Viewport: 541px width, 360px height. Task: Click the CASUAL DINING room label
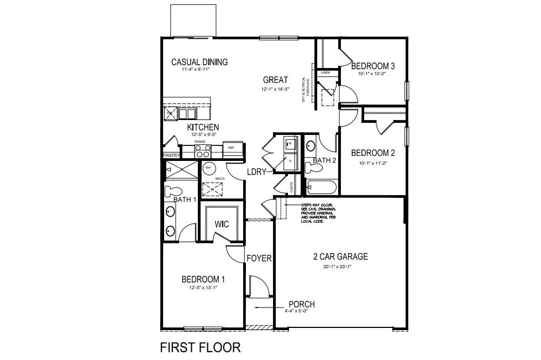(x=199, y=62)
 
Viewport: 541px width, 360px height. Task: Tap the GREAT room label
(x=275, y=79)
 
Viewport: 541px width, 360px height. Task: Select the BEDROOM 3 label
(x=372, y=66)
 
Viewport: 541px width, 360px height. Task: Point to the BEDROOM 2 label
(x=373, y=153)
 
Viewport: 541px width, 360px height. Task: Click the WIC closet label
(x=222, y=225)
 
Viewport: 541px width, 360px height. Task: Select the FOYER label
(x=259, y=258)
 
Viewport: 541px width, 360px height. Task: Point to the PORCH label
(x=302, y=305)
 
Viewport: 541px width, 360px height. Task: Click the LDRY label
(x=256, y=172)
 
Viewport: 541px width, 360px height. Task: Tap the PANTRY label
(x=171, y=156)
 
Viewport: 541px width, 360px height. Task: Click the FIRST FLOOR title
(x=200, y=347)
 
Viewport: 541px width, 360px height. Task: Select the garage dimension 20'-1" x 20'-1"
(x=337, y=267)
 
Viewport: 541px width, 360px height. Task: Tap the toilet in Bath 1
(x=170, y=191)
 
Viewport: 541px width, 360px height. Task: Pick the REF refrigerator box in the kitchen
(x=230, y=148)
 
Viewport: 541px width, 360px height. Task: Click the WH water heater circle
(x=208, y=168)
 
